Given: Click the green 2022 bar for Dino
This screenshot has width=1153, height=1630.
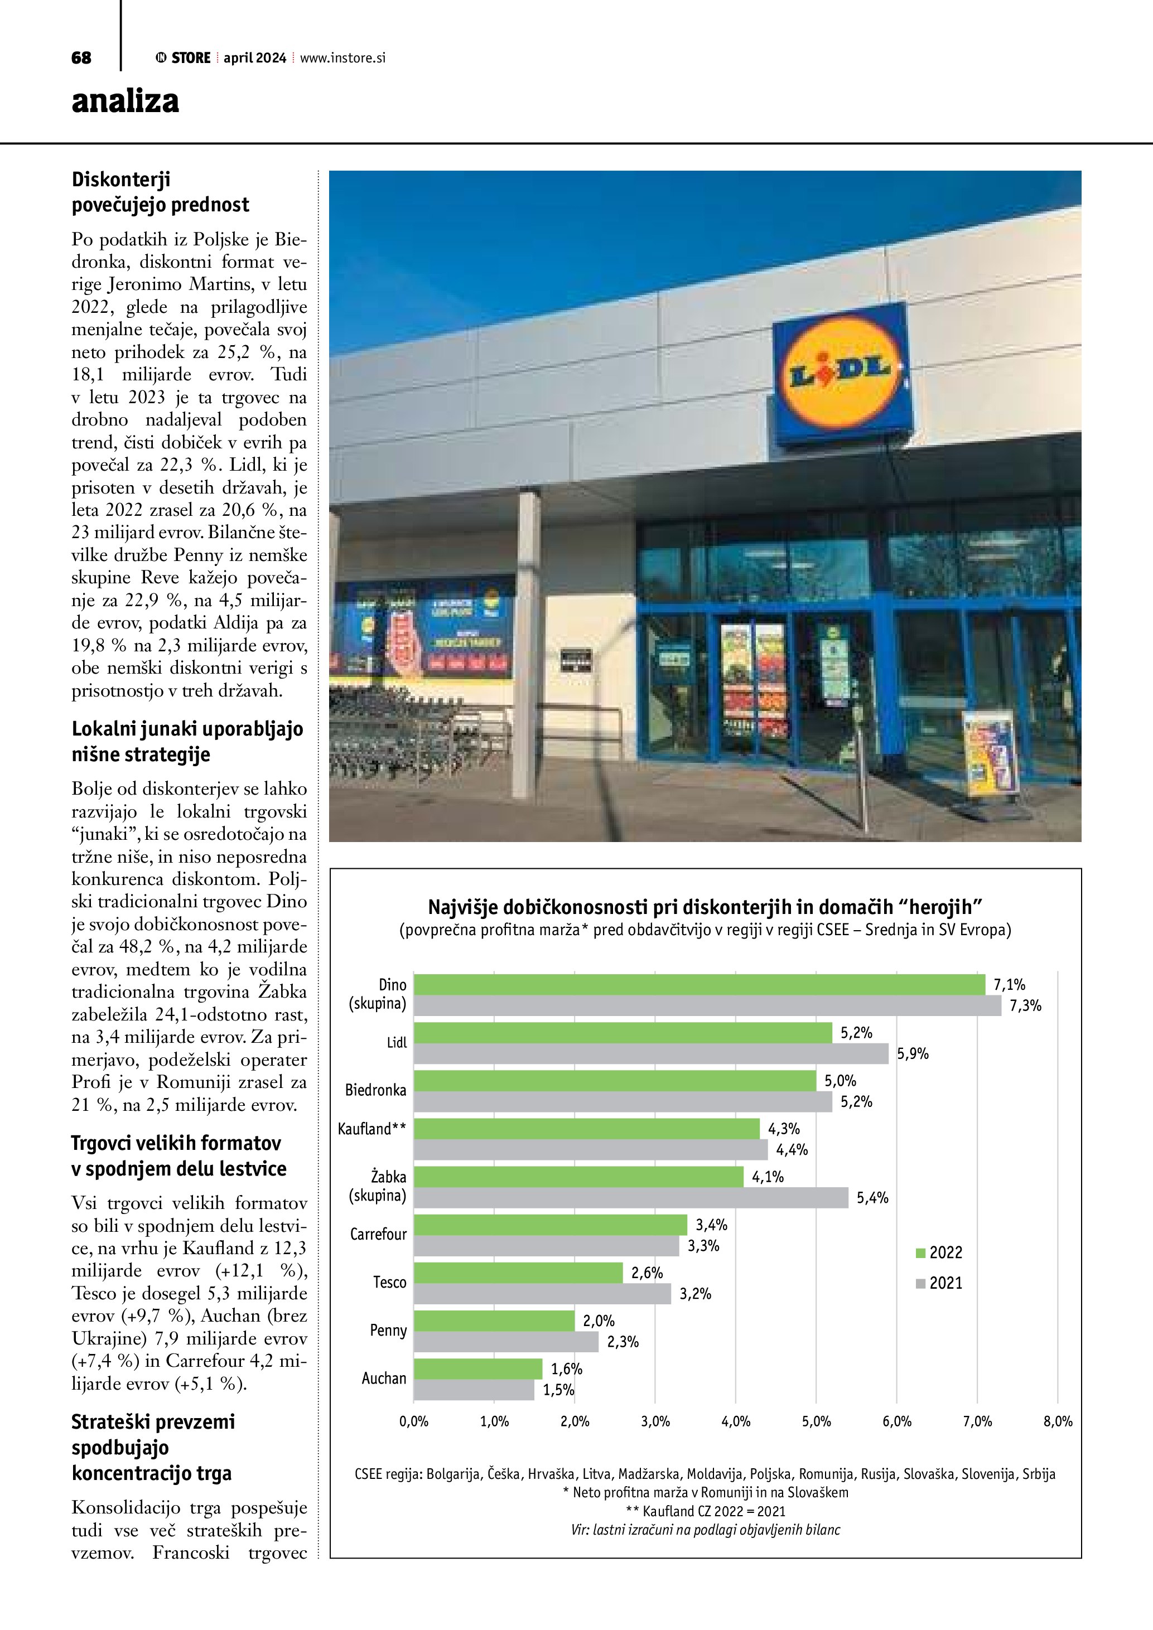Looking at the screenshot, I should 699,985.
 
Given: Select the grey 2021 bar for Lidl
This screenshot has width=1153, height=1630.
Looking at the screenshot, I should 651,1053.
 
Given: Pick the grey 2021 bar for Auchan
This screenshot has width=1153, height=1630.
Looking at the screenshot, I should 474,1390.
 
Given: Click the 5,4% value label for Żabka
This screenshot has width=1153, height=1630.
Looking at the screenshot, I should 872,1198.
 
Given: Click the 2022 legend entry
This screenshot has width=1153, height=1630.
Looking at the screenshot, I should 939,1252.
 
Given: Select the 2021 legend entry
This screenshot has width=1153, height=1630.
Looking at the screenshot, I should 939,1283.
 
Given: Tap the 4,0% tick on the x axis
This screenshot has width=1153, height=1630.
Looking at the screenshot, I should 736,1421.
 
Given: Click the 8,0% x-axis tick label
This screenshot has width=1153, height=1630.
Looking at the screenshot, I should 1057,1421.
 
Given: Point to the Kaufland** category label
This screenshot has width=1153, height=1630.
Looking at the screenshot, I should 372,1129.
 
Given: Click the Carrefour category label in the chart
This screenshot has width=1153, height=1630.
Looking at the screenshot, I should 378,1234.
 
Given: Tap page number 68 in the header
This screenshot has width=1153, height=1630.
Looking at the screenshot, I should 81,58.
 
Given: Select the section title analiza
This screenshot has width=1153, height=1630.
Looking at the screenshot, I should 125,101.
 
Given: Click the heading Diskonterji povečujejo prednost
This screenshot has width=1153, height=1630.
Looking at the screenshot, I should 161,192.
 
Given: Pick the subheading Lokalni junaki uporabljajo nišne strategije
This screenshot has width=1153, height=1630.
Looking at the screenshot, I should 187,741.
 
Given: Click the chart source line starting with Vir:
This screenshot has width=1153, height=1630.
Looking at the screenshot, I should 705,1530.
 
